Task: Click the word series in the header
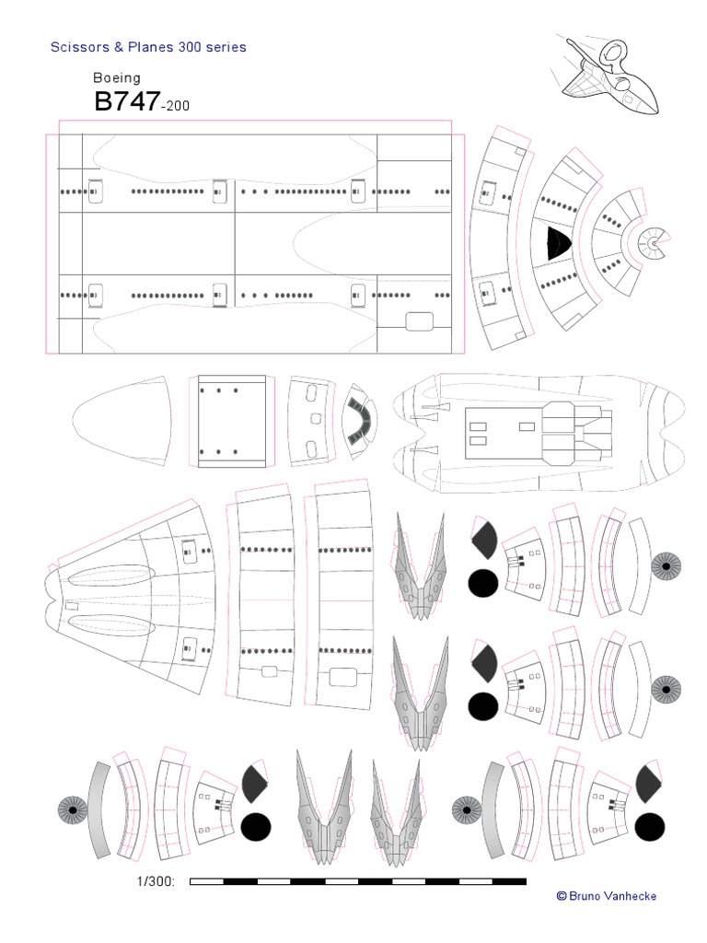point(226,47)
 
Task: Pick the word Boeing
point(117,78)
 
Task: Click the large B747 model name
point(127,101)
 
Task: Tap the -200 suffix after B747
point(176,106)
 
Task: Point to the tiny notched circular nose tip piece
point(651,243)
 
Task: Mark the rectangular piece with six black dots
point(231,421)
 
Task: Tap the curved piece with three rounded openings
point(311,421)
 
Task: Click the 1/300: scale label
point(156,881)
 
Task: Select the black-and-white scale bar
point(358,881)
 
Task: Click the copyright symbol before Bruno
point(562,896)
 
